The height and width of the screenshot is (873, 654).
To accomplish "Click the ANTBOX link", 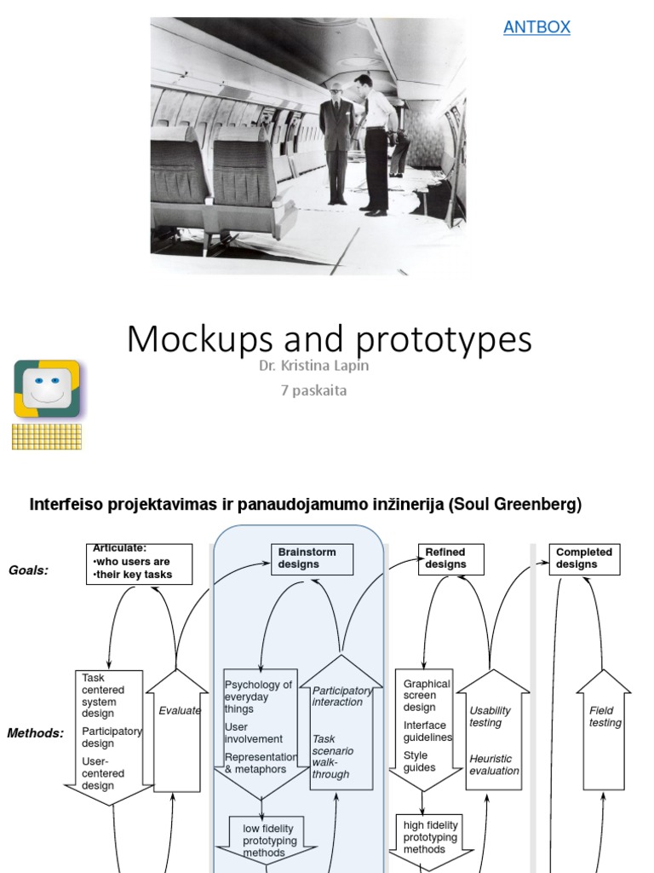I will coord(536,27).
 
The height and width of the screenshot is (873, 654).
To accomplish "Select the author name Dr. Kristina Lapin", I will coord(314,366).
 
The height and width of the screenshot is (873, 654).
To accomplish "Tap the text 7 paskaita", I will coord(314,390).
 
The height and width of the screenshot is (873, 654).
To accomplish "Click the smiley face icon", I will coord(47,389).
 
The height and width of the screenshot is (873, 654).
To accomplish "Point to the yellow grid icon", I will coord(47,436).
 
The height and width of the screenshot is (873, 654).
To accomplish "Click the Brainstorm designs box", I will coord(312,558).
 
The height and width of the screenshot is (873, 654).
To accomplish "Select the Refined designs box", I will coord(451,558).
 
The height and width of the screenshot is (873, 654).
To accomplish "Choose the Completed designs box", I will coord(584,558).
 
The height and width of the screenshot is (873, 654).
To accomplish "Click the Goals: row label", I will coord(28,570).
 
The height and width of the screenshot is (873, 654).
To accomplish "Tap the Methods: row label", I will coord(36,732).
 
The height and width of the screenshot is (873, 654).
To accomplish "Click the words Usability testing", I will coord(490,716).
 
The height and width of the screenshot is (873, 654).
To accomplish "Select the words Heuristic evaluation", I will coord(494,765).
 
